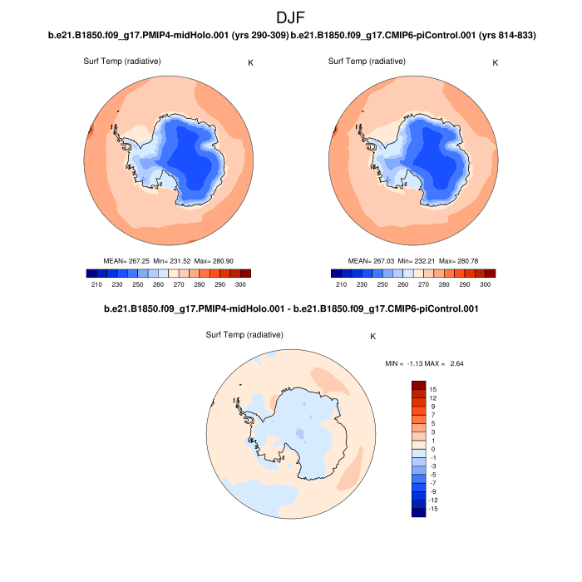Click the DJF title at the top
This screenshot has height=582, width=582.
tap(291, 17)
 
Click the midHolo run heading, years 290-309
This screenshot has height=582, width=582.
tap(169, 36)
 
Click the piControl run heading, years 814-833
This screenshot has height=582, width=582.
tap(413, 36)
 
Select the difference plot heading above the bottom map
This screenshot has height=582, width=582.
tap(291, 308)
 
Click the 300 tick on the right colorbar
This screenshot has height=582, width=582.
tap(486, 284)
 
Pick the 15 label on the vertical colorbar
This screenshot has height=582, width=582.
tap(433, 389)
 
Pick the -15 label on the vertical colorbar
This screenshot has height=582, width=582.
tap(435, 509)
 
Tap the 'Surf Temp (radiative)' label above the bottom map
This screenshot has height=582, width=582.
tap(244, 334)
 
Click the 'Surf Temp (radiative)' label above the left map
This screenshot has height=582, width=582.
tap(122, 62)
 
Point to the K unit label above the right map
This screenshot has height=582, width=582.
tap(496, 62)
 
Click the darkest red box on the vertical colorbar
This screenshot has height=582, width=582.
tap(419, 386)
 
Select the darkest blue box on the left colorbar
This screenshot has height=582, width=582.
tap(91, 273)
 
